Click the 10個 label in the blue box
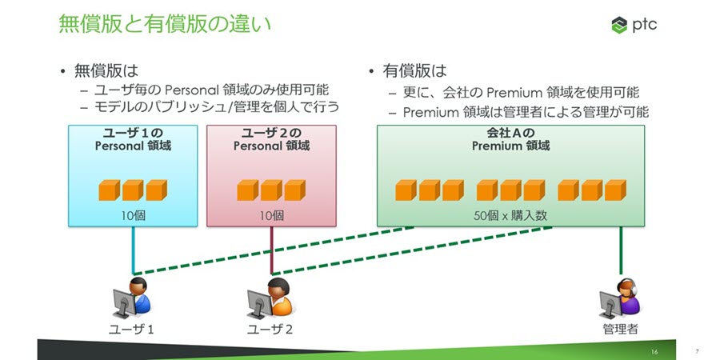(133, 214)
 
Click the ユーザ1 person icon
(132, 300)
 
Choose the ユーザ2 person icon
(270, 300)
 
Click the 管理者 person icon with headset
(620, 300)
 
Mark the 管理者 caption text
(620, 329)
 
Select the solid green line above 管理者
(621, 252)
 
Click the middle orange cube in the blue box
(133, 190)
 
